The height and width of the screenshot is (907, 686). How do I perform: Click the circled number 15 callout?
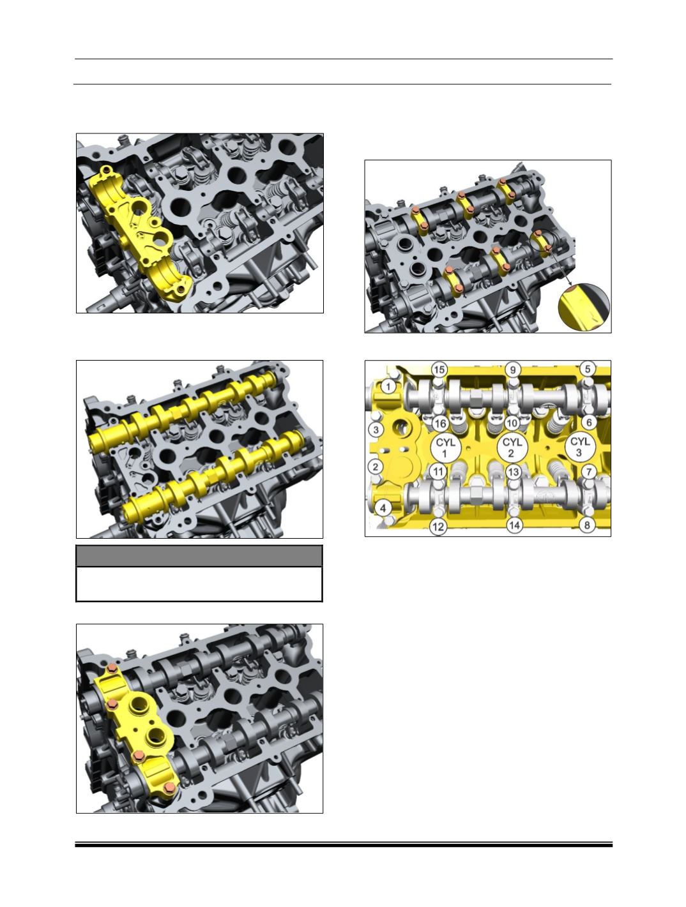tap(439, 369)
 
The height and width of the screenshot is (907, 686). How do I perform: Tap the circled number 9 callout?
tap(513, 370)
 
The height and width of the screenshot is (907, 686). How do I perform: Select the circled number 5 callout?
tap(587, 368)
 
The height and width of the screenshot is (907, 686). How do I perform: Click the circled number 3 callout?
tap(376, 430)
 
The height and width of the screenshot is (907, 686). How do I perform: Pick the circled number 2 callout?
tap(376, 467)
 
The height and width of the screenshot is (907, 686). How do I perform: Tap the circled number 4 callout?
tap(383, 508)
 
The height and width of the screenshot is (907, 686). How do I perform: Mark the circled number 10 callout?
tap(512, 423)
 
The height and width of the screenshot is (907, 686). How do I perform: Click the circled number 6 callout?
tap(589, 423)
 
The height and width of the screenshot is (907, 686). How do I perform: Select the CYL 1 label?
tap(445, 447)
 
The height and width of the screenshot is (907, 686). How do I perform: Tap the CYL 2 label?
tap(512, 447)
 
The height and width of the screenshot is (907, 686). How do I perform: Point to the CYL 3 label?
tap(580, 447)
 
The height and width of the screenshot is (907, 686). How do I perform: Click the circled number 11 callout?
tap(438, 472)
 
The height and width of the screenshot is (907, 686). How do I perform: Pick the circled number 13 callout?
tap(514, 472)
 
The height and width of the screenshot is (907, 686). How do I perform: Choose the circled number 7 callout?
tap(589, 472)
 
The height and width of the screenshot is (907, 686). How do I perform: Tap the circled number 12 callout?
tap(438, 527)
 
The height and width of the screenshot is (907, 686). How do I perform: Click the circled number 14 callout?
tap(514, 525)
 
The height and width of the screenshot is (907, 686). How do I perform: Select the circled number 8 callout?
tap(587, 525)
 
